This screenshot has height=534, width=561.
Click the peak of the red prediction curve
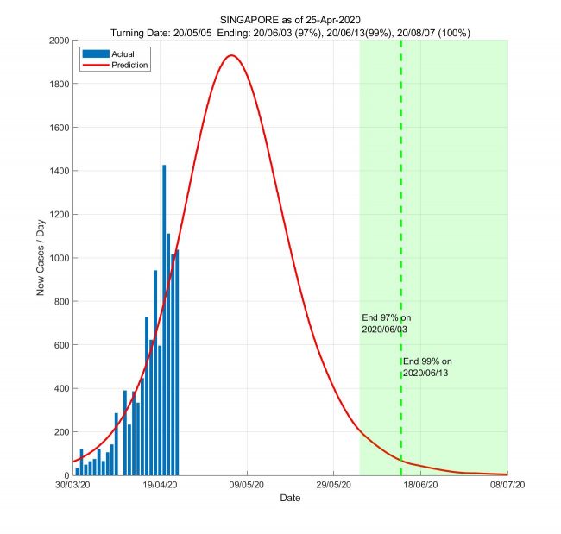[230, 56]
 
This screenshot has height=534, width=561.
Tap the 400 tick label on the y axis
[60, 388]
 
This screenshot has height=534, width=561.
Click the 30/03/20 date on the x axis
[72, 487]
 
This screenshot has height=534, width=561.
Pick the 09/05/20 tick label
[247, 487]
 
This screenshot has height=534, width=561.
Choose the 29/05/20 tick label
[334, 487]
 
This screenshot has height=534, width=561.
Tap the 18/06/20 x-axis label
[420, 487]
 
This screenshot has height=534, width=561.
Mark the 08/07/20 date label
[507, 487]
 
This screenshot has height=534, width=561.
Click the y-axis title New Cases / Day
[41, 258]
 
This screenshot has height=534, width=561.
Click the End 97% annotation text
[386, 324]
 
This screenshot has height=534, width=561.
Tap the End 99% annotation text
[427, 367]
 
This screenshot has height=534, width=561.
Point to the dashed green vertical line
[401, 216]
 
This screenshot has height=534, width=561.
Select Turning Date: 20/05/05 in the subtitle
[161, 33]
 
